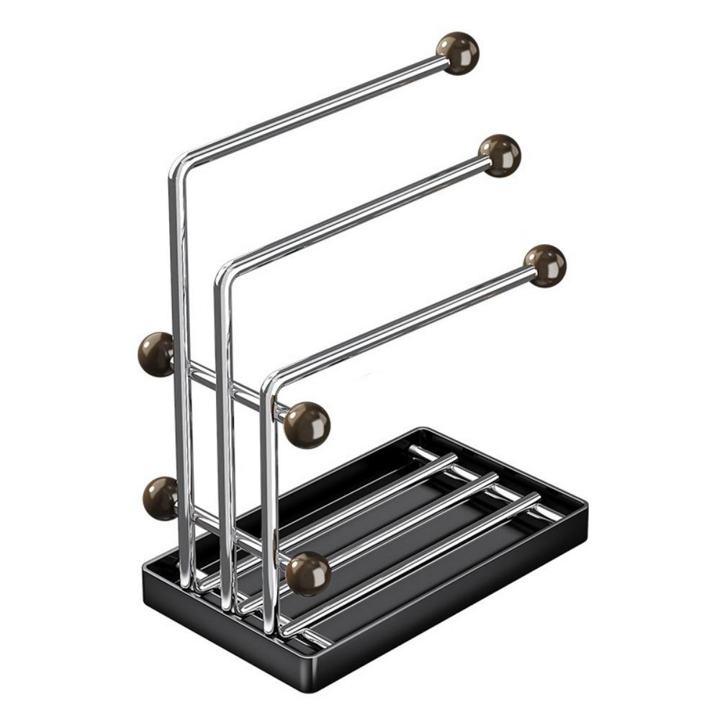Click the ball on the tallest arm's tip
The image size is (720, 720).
[x=458, y=53]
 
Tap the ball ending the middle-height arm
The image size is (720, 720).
[x=500, y=155]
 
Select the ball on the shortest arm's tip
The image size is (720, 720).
[x=545, y=266]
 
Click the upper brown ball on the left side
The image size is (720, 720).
[x=156, y=354]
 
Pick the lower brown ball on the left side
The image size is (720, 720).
[x=161, y=498]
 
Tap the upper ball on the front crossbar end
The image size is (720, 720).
[x=307, y=425]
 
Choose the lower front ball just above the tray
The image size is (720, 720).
[x=308, y=574]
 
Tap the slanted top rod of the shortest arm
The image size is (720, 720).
[x=403, y=323]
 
